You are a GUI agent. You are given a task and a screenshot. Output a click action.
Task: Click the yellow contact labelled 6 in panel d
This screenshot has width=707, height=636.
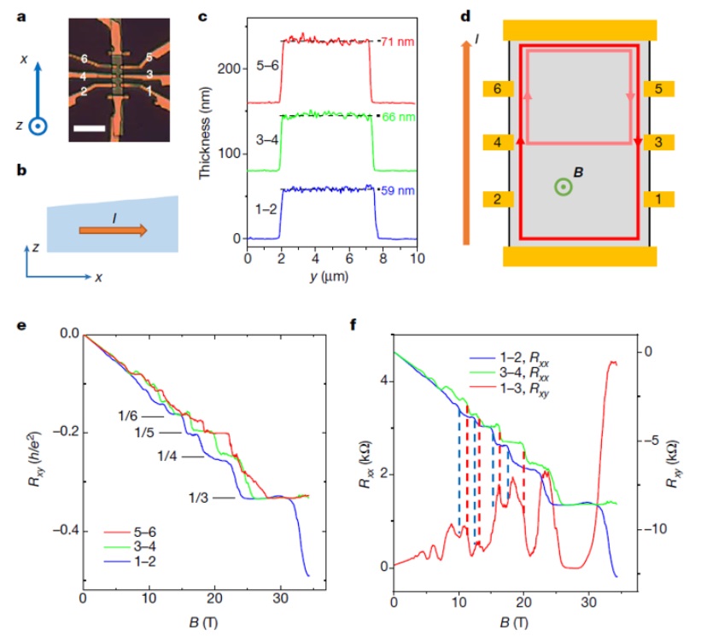(496, 89)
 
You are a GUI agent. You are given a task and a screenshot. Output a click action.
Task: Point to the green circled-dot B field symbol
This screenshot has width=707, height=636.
(561, 187)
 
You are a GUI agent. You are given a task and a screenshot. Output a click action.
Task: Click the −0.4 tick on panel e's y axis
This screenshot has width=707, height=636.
(58, 530)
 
